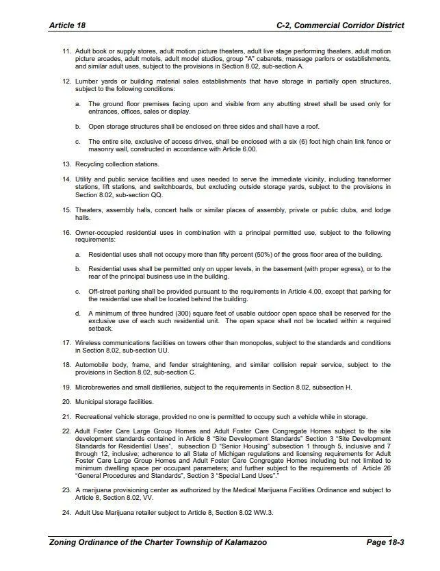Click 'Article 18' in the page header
(x=67, y=25)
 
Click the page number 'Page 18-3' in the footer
(x=386, y=542)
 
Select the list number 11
(x=66, y=51)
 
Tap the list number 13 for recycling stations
(x=66, y=164)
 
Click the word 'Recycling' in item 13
(x=89, y=164)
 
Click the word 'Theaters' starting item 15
(x=88, y=210)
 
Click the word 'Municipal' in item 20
(x=90, y=402)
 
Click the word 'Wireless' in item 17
(x=88, y=342)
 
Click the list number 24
(x=66, y=513)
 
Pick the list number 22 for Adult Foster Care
(x=66, y=432)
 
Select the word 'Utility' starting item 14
(x=84, y=179)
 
